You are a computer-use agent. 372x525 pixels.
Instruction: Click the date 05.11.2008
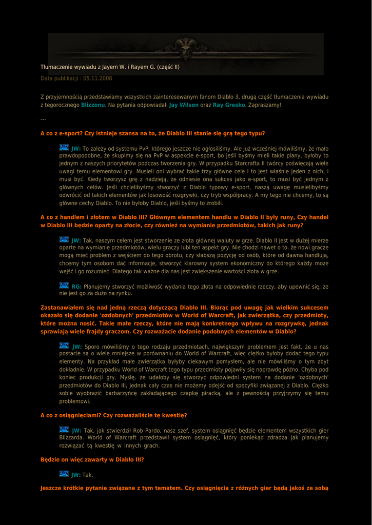(x=97, y=78)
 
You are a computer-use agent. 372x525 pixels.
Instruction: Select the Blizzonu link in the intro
(x=93, y=105)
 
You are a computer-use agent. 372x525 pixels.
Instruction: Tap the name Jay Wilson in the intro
(x=184, y=105)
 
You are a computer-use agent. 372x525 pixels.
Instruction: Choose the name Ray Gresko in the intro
(x=229, y=105)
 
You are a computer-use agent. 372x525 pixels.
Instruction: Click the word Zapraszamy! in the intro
(x=265, y=105)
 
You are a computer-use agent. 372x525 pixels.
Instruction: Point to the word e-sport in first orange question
(x=73, y=133)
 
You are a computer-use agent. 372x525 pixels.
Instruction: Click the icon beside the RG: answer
(x=64, y=286)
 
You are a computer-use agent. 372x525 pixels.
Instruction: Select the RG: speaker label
(x=76, y=287)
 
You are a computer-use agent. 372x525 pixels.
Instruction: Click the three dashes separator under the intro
(x=43, y=119)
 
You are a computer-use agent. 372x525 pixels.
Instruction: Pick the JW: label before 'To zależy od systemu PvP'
(x=76, y=148)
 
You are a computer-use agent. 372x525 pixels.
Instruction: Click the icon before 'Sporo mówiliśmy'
(x=64, y=346)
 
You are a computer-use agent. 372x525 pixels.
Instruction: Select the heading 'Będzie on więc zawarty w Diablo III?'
(x=92, y=460)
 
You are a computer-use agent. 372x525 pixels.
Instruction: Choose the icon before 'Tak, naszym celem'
(x=64, y=239)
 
